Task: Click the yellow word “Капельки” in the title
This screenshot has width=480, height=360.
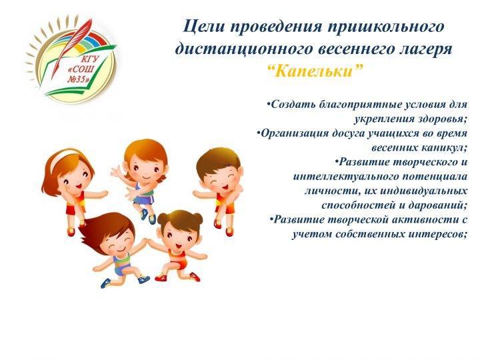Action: (315, 71)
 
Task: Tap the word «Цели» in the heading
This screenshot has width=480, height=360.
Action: (203, 26)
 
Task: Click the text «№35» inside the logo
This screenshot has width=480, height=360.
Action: (79, 79)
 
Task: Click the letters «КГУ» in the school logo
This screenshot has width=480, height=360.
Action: (89, 59)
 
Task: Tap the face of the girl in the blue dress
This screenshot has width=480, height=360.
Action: (145, 171)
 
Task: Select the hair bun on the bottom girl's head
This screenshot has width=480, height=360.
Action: (196, 218)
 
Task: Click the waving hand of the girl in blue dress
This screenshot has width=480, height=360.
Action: (117, 171)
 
